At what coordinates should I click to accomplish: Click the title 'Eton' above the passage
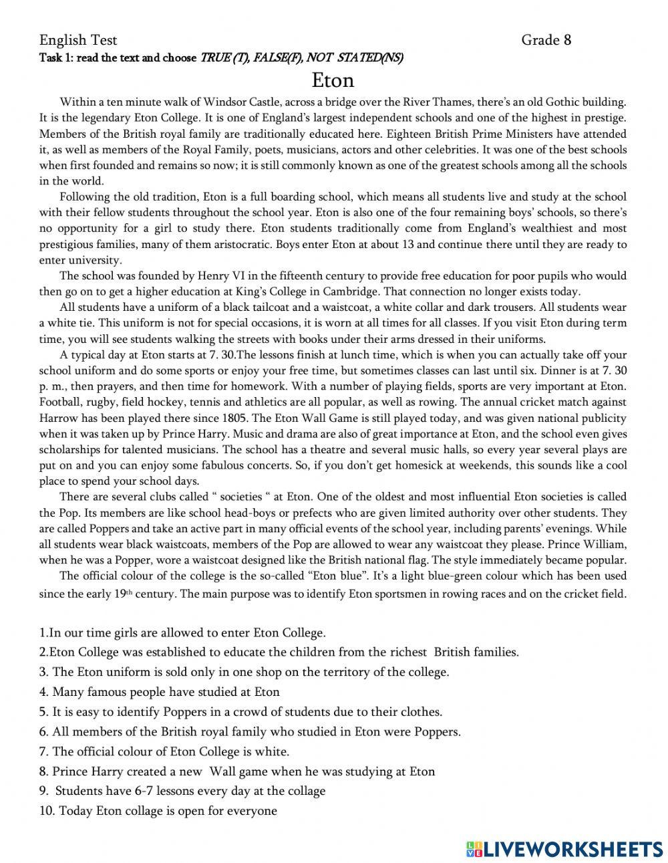333,81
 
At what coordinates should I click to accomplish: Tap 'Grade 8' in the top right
546,40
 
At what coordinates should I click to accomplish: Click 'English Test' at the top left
78,40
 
